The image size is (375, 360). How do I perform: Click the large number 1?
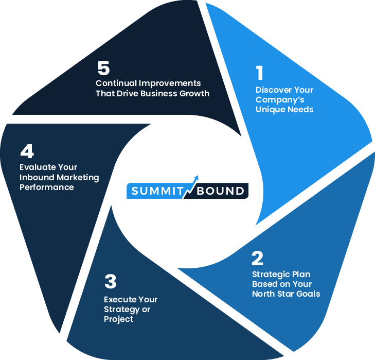point(259,73)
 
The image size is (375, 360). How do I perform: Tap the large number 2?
point(257,258)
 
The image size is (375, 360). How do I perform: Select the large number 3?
point(110,282)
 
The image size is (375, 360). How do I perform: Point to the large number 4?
point(27,151)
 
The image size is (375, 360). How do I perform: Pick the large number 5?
point(103,68)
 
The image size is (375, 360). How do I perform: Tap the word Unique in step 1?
point(271,110)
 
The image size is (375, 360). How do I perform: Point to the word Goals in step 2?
point(307,294)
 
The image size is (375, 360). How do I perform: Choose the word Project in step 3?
point(119,319)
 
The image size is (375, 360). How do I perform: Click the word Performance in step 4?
point(47,187)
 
